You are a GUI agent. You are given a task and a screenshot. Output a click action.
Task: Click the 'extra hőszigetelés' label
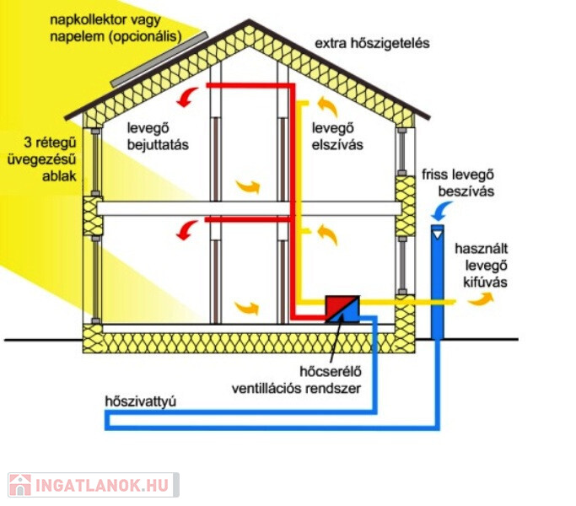point(372,43)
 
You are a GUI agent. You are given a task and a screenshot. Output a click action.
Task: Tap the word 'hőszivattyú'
point(141,401)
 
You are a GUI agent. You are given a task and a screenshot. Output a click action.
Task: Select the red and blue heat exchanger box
point(342,309)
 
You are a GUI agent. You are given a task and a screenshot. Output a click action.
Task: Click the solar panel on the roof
point(159,60)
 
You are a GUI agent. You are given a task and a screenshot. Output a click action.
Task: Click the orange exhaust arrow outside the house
point(481,299)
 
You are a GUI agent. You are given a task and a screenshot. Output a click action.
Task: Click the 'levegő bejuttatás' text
point(158,137)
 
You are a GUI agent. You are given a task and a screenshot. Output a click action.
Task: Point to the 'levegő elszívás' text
point(337,137)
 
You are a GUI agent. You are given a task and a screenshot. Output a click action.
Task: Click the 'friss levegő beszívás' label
point(458,183)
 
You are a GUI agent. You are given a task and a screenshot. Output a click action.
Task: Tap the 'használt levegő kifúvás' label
point(482,266)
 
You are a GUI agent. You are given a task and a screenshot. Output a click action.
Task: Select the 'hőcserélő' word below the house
point(331,372)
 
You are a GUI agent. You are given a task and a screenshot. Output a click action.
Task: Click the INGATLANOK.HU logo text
point(102,485)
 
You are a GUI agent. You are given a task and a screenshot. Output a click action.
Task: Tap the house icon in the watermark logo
point(20,485)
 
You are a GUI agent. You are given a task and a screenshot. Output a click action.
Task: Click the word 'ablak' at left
point(59,176)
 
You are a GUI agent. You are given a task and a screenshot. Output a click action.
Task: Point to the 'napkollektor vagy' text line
point(105,20)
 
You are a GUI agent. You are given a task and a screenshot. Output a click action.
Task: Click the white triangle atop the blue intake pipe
point(437,234)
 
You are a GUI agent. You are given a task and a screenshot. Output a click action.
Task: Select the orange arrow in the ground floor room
point(246,307)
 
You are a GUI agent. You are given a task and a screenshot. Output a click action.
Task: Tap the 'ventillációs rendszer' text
point(296,389)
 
